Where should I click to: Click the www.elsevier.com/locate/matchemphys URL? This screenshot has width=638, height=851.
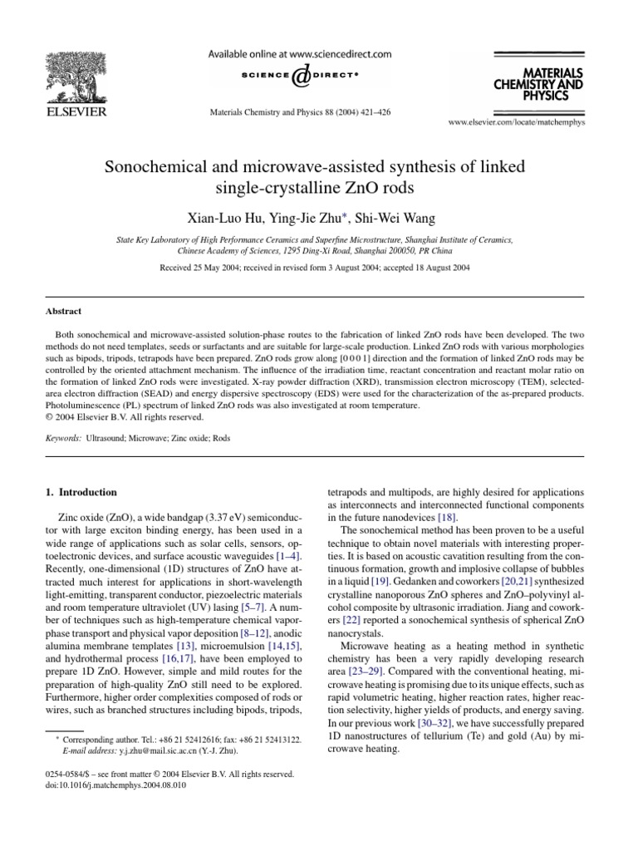pos(528,121)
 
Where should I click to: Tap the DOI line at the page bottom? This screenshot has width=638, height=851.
pos(108,785)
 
